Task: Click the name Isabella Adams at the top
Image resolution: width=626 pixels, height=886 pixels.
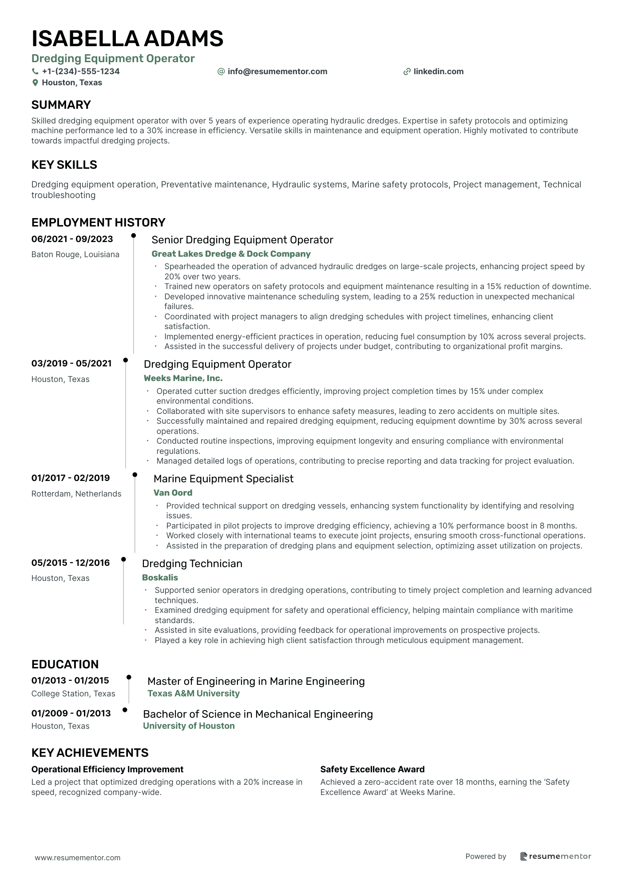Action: tap(127, 39)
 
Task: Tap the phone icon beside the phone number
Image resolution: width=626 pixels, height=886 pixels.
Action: tap(35, 72)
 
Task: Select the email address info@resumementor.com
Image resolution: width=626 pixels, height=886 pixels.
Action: tap(277, 72)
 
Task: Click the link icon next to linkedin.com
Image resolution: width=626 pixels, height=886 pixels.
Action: tap(407, 72)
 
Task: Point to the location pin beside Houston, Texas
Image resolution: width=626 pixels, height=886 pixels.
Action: tap(35, 83)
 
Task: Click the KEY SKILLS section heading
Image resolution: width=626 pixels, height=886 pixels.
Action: tap(64, 165)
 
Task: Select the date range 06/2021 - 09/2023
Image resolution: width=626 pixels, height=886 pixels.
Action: tap(72, 239)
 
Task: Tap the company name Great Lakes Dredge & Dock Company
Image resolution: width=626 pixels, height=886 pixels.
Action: tap(231, 254)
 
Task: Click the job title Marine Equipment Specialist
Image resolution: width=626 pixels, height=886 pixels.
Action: tap(223, 479)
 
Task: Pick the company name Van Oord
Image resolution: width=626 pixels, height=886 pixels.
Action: tap(173, 493)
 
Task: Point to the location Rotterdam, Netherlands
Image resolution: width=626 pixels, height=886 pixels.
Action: tap(76, 494)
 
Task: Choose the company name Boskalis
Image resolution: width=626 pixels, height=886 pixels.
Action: tap(160, 577)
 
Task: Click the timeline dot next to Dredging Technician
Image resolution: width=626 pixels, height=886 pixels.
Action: tap(123, 560)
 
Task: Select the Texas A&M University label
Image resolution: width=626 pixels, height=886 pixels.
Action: tap(193, 693)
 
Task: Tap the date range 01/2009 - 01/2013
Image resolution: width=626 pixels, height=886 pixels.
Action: tap(71, 713)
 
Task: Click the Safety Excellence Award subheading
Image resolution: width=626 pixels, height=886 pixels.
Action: tap(372, 769)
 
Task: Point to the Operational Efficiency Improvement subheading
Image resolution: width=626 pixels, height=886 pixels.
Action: tap(107, 769)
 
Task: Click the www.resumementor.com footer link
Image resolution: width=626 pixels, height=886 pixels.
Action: tap(77, 858)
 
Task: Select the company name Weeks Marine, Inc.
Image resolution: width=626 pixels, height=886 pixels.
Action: tap(183, 378)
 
